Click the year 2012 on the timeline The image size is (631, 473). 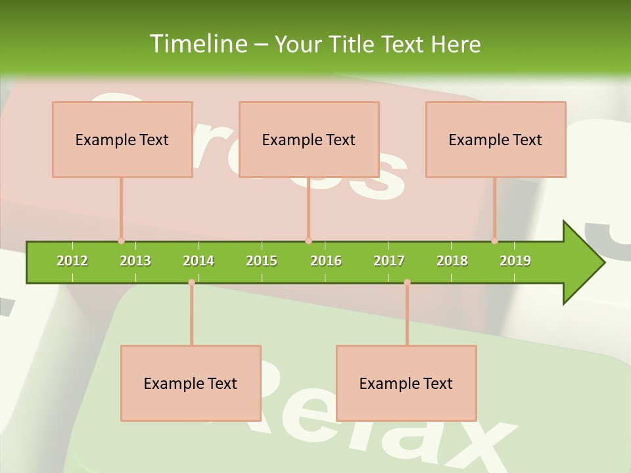pos(72,261)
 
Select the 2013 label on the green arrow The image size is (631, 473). pos(135,261)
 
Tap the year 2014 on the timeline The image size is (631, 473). pos(199,261)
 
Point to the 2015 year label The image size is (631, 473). pos(262,261)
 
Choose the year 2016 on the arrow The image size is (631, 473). pos(326,261)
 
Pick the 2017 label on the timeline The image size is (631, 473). pos(389,261)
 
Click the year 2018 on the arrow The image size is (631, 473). pos(452,261)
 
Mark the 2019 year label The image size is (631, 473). pos(515,261)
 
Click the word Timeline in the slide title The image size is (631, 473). pos(197,44)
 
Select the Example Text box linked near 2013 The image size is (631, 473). pos(122,139)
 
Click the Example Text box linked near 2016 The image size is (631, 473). pos(309,139)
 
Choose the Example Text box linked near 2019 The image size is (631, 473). pos(496,139)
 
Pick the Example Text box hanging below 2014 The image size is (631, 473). pos(191,383)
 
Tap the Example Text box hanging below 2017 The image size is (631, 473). pos(406,383)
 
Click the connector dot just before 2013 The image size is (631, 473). pos(121,240)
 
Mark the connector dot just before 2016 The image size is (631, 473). pos(308,240)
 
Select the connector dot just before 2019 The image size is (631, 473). pos(494,240)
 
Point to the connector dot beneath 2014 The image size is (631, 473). pos(191,282)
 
